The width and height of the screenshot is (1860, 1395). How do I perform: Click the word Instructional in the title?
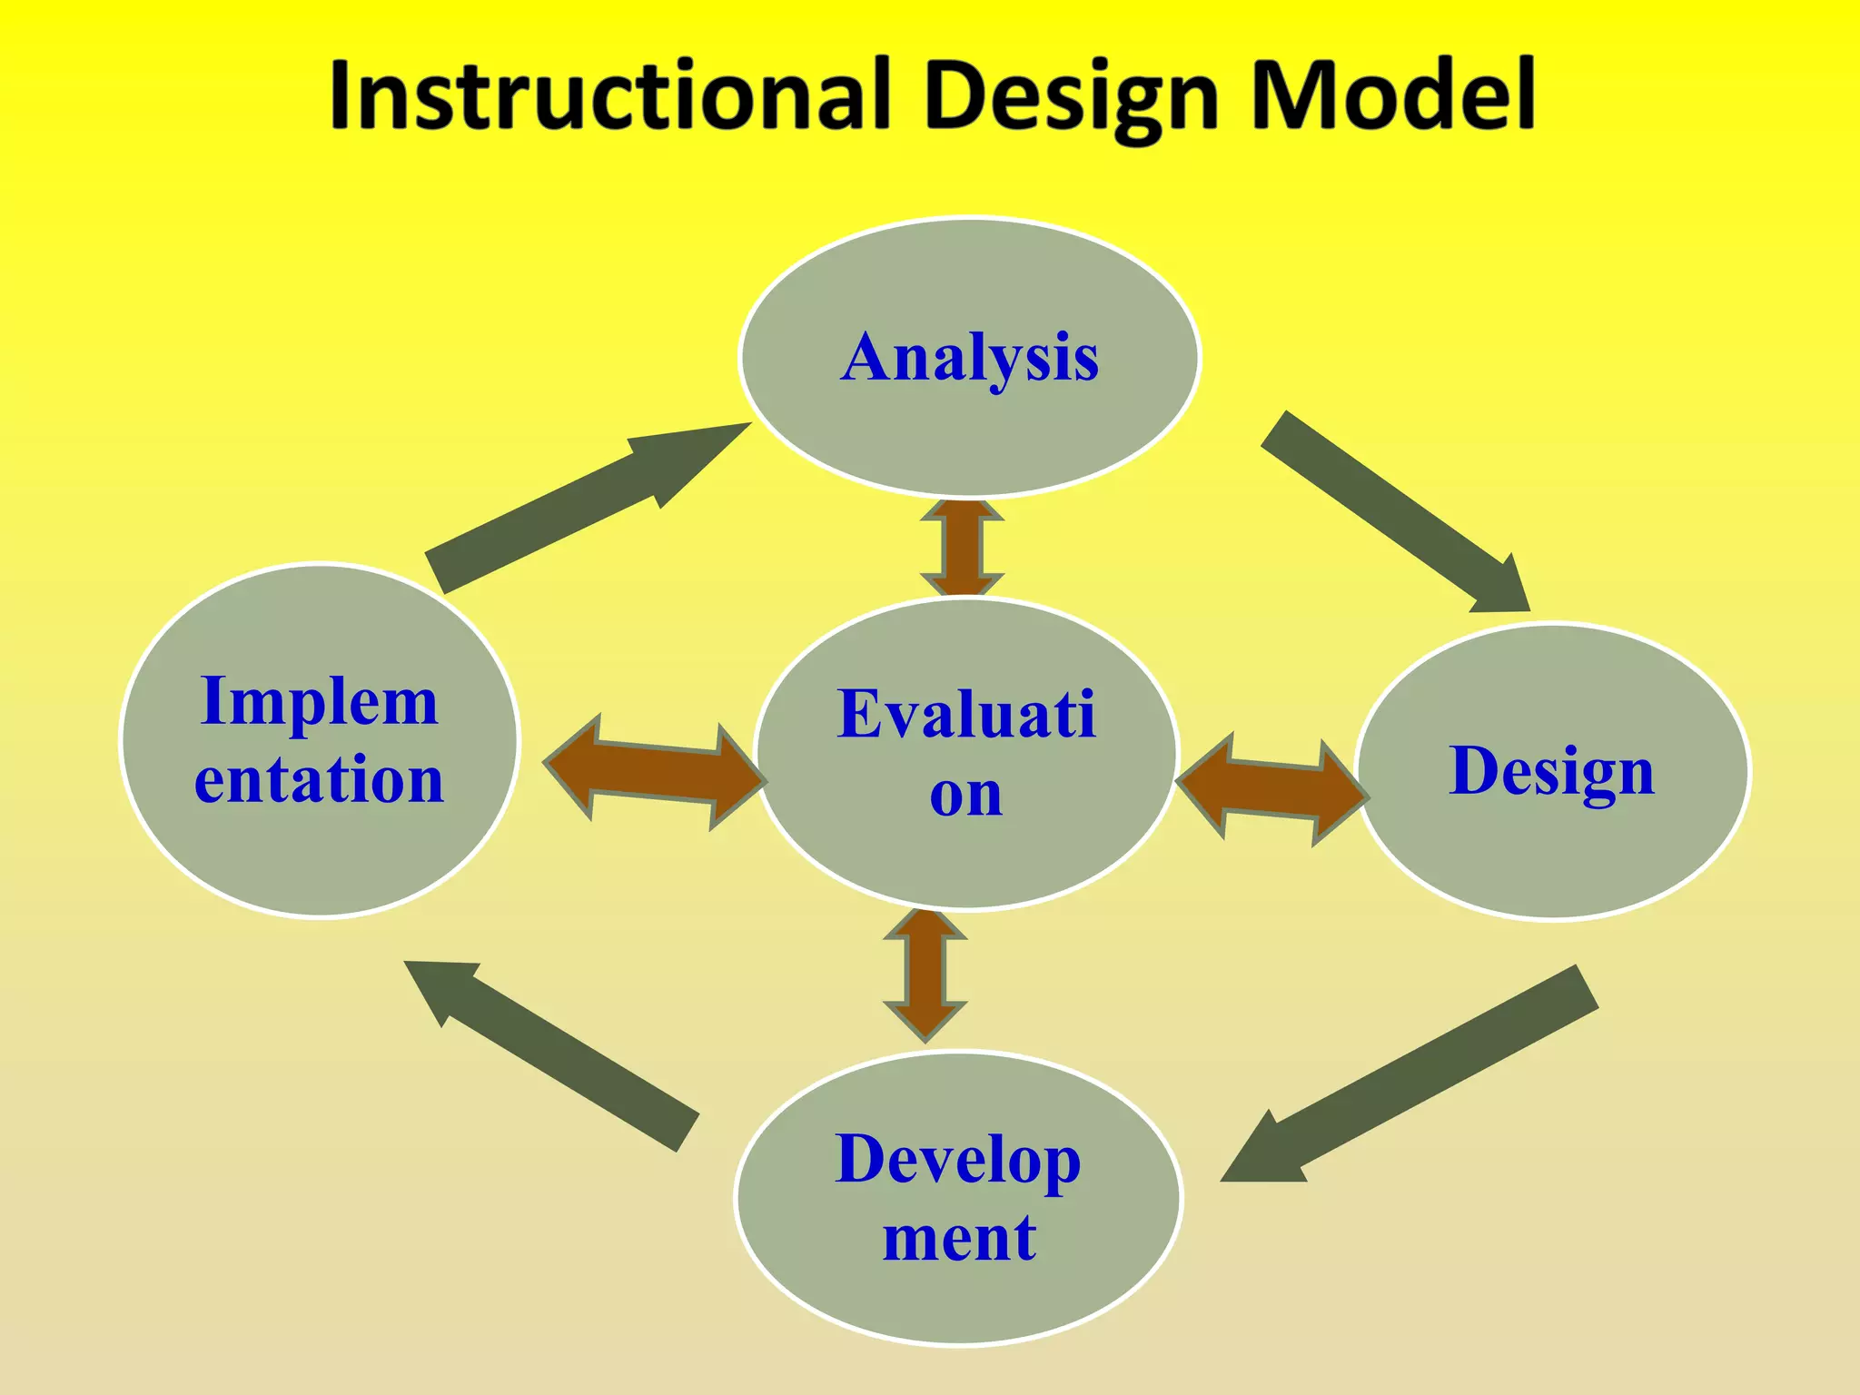tap(608, 95)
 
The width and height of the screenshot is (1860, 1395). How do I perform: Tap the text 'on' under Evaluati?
tap(966, 794)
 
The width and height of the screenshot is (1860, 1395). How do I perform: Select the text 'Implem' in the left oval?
tap(320, 701)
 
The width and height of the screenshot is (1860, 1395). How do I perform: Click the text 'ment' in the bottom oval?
tap(959, 1237)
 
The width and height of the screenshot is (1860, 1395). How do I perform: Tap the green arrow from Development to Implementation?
tap(554, 1054)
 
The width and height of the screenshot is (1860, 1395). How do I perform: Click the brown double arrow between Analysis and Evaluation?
tap(962, 548)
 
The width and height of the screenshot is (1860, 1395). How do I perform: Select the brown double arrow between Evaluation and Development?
tap(925, 974)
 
